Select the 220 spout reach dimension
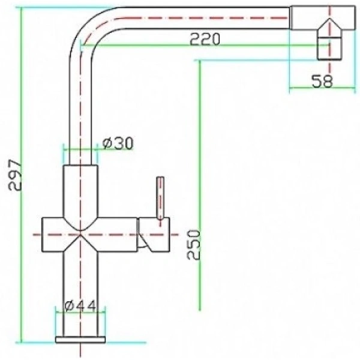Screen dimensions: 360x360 (205, 40)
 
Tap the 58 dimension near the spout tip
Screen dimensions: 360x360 (322, 82)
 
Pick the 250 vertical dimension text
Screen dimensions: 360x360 (193, 244)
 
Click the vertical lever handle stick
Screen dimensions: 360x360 (160, 198)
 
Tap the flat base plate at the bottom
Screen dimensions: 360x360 (80, 340)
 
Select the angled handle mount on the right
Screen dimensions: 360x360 (153, 234)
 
